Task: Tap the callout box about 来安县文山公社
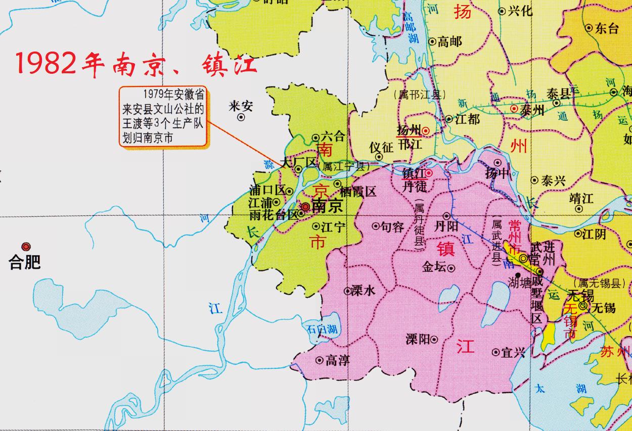click(x=163, y=116)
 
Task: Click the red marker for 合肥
click(x=26, y=246)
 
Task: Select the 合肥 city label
click(x=25, y=262)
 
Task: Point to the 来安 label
click(x=241, y=106)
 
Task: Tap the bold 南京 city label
click(x=327, y=206)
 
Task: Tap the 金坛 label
click(x=434, y=268)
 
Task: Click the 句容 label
click(x=392, y=227)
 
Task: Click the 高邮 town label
click(x=450, y=42)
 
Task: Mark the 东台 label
click(x=607, y=29)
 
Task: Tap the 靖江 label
click(x=581, y=198)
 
